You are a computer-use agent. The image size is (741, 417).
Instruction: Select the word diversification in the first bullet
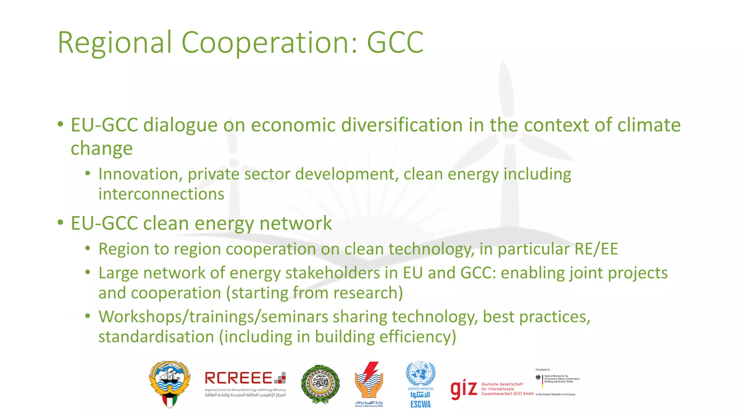(x=402, y=125)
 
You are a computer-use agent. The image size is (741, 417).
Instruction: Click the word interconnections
(x=161, y=194)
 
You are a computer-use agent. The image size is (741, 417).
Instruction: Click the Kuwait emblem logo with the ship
(x=170, y=384)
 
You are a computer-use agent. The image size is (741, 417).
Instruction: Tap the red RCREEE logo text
(x=239, y=378)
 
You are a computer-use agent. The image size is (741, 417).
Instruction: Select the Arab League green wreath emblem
(x=320, y=384)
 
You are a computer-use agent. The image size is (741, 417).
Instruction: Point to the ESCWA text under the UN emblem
(x=420, y=405)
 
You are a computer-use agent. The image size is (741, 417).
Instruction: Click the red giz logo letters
(x=463, y=389)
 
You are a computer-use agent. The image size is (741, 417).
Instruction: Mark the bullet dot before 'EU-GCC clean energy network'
(x=60, y=222)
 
